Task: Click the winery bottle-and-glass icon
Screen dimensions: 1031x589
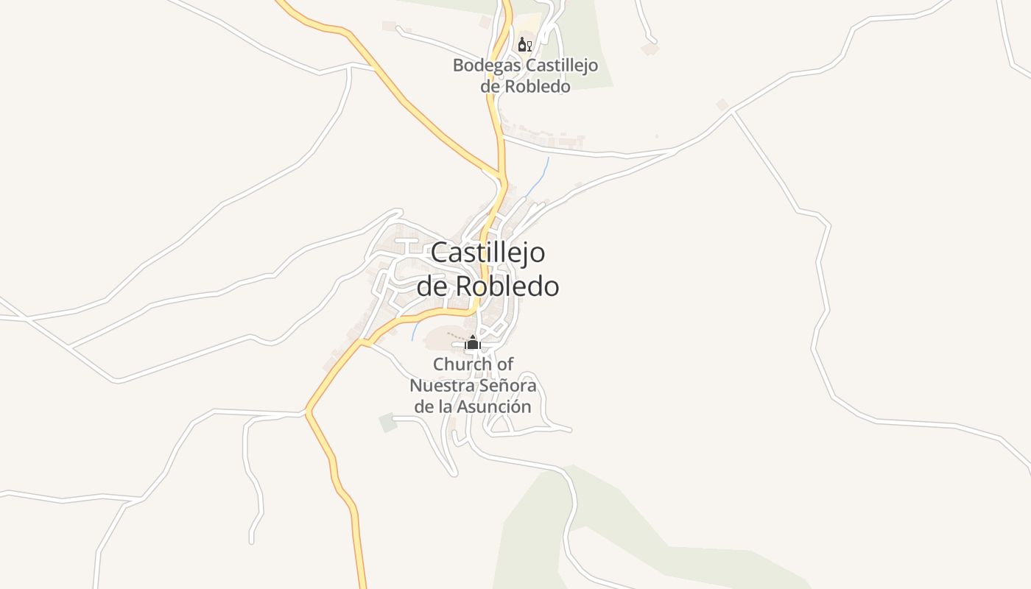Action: tap(524, 44)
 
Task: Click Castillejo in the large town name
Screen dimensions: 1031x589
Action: tap(488, 253)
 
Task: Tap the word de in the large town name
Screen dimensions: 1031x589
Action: tap(432, 286)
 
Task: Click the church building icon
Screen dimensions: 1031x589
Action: tap(473, 343)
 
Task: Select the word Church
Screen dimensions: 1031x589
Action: tap(462, 364)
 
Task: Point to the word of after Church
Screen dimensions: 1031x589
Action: tap(505, 364)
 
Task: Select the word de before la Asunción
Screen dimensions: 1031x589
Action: tap(423, 406)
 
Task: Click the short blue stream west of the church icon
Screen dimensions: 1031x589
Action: tap(415, 331)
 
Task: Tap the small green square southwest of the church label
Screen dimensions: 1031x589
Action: tap(387, 423)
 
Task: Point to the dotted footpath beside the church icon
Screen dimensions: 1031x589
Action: tap(453, 336)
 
